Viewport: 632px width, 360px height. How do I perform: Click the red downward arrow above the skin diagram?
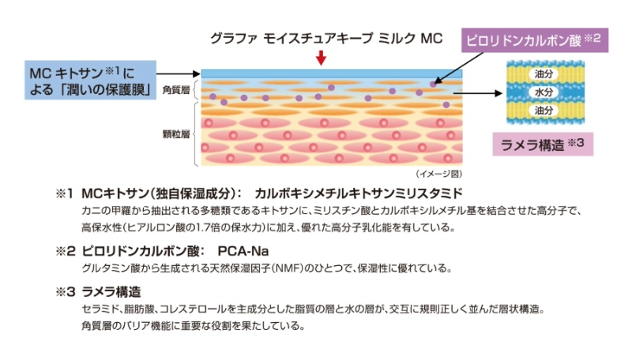321,57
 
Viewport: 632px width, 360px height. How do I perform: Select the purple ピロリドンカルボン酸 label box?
533,39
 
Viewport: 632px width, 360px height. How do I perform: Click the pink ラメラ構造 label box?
542,144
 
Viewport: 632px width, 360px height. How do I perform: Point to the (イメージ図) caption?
438,173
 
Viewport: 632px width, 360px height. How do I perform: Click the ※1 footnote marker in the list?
63,193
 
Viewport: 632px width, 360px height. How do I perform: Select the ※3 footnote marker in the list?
64,291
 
